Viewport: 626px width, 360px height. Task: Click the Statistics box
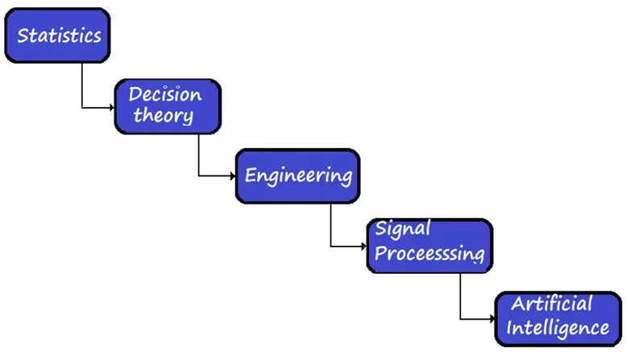57,35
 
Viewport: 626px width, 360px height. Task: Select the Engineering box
298,176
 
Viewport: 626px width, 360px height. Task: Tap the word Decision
165,94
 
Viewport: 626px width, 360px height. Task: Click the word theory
164,115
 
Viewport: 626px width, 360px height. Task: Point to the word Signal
403,229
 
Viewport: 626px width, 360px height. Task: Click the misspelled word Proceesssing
429,253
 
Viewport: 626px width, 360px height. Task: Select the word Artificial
552,304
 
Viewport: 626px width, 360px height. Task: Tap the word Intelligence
558,328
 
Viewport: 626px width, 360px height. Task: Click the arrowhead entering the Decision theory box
112,107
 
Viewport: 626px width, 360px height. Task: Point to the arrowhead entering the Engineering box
233,176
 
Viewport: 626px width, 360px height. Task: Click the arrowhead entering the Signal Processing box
363,246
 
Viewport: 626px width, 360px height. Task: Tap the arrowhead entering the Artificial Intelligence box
492,319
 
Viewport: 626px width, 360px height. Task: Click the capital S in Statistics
23,35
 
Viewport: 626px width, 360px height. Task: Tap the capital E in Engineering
251,176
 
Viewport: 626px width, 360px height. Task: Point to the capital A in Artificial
519,304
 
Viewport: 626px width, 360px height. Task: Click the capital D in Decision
136,94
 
